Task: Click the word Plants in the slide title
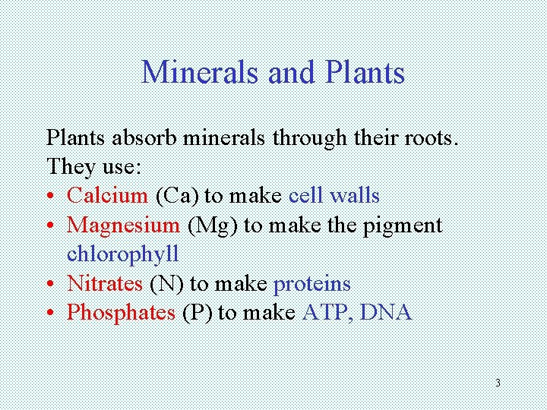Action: coord(364,73)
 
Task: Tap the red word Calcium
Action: coord(107,195)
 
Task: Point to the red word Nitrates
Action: coord(105,283)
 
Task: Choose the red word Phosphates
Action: coord(122,312)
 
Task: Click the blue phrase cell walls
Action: coord(334,195)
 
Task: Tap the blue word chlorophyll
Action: coord(123,254)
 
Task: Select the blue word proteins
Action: coord(311,283)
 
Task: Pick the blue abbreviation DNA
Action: coord(387,312)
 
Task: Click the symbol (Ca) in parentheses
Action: coord(176,195)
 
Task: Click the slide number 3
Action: coord(497,383)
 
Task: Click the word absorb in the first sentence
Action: coord(137,137)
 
